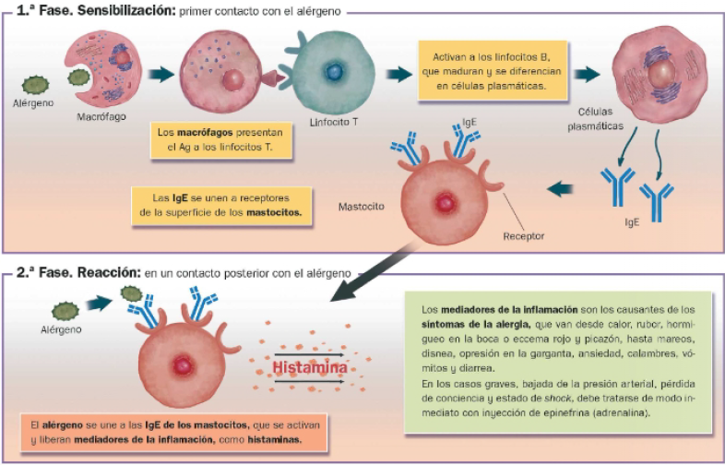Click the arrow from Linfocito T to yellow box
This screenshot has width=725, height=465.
coord(398,75)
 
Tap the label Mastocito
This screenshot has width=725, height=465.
coord(360,207)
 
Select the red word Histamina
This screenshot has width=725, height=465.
coord(309,369)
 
